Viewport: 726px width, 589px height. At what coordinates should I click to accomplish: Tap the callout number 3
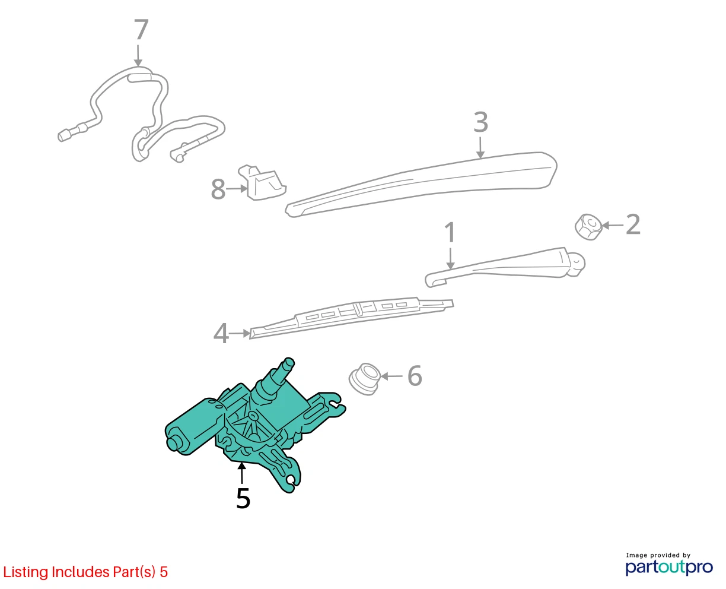(x=480, y=122)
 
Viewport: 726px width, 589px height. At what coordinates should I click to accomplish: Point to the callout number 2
(x=633, y=224)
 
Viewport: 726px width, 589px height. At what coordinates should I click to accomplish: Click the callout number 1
(x=450, y=232)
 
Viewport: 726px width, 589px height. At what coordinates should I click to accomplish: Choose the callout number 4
(x=221, y=334)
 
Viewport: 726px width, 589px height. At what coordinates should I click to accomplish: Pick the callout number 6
(x=415, y=376)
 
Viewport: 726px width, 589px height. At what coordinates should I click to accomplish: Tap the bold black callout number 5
(x=243, y=499)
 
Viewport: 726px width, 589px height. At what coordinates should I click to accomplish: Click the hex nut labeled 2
(x=588, y=227)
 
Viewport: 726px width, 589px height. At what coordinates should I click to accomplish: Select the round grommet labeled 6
(x=364, y=379)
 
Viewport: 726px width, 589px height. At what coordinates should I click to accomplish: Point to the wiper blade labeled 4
(x=351, y=318)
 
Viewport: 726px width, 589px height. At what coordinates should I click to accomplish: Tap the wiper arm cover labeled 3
(x=421, y=184)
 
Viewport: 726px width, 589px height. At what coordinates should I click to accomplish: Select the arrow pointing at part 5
(x=241, y=473)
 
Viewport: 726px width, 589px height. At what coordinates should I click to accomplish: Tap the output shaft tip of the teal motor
(x=288, y=362)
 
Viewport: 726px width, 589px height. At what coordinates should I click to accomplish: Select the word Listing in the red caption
(x=26, y=572)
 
